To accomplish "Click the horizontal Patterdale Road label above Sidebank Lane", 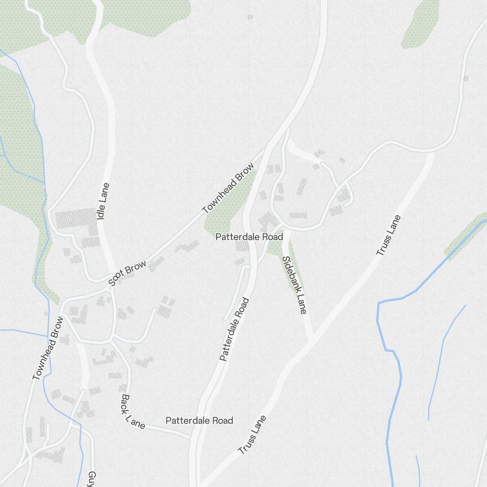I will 249,237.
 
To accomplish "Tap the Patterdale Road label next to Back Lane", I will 199,420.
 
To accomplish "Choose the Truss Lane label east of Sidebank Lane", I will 388,235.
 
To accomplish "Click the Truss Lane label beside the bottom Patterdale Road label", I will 252,435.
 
